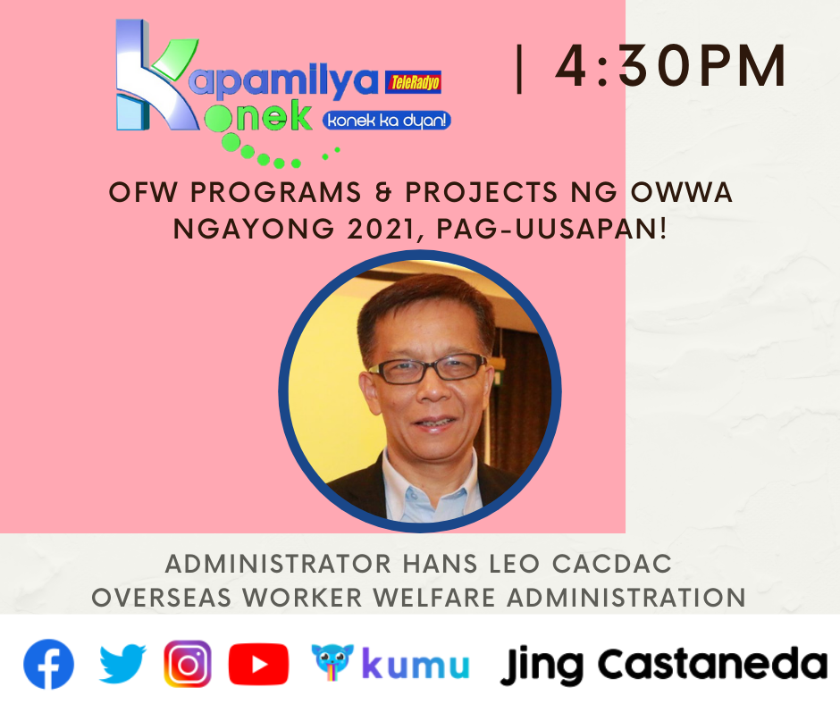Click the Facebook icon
[48, 664]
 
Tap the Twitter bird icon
[122, 664]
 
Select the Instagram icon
[188, 664]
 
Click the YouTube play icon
[259, 665]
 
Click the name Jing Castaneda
[663, 666]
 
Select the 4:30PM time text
[671, 66]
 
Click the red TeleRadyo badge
[414, 82]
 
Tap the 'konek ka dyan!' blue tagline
[386, 121]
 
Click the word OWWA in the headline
[682, 192]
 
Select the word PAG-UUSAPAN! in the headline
[551, 230]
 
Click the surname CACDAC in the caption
[612, 564]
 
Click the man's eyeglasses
[427, 369]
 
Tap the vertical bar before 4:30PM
[518, 69]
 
